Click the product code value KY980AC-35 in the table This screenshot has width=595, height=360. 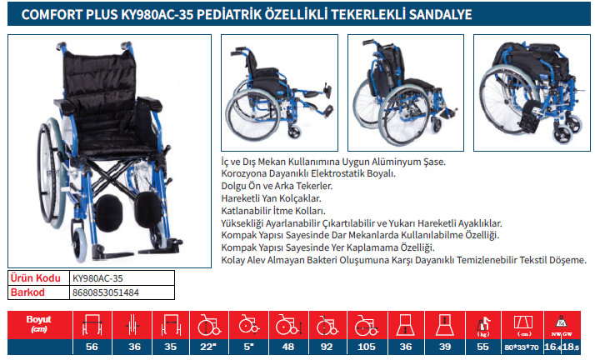(97, 278)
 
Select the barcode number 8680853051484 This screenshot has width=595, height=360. (106, 292)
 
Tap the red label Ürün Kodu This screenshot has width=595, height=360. (35, 278)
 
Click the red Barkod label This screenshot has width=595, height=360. (27, 292)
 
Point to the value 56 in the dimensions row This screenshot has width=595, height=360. (92, 347)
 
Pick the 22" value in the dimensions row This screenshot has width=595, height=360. (208, 347)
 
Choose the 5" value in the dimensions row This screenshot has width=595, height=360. (248, 347)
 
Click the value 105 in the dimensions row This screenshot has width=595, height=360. (366, 347)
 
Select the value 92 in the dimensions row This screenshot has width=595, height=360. (327, 347)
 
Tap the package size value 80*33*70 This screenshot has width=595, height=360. (522, 347)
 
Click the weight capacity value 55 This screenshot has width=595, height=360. (482, 347)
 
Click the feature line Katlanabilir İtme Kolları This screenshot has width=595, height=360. (273, 211)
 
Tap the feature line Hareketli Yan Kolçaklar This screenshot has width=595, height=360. (271, 198)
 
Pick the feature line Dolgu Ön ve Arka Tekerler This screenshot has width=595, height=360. (277, 186)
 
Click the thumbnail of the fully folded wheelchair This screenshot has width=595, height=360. (532, 93)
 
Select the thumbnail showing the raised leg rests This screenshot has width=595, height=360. (279, 93)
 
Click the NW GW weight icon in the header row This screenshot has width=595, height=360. (562, 326)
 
